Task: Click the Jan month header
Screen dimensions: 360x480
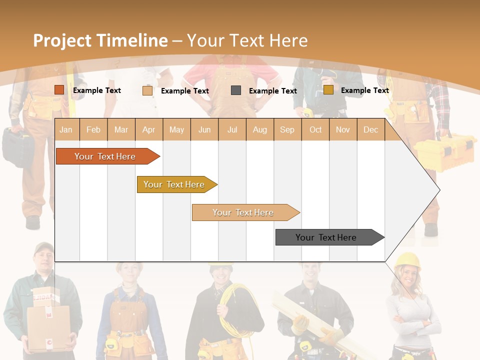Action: tap(66, 129)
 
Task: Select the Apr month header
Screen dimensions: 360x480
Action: tap(148, 129)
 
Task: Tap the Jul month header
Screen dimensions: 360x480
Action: tap(232, 129)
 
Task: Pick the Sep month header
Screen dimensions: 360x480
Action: tap(287, 129)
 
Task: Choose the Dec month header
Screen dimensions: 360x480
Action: tap(370, 129)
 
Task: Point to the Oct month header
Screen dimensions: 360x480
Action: tap(315, 129)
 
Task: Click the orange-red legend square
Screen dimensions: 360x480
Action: tap(59, 90)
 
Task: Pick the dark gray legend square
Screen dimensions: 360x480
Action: tap(236, 90)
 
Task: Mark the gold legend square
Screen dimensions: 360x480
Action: tap(328, 90)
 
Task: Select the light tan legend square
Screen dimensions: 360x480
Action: tap(147, 90)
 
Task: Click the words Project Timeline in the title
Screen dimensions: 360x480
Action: tap(100, 40)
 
